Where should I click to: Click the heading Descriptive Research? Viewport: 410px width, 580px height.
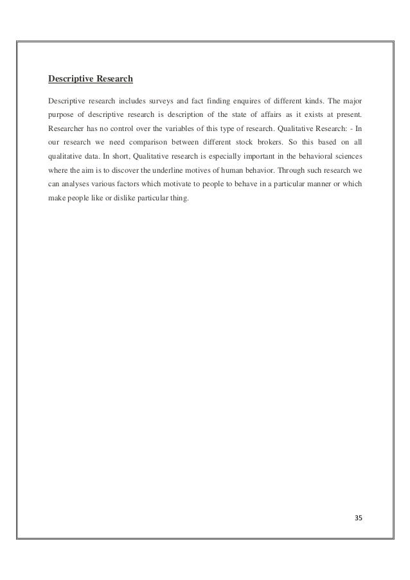[x=91, y=80]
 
